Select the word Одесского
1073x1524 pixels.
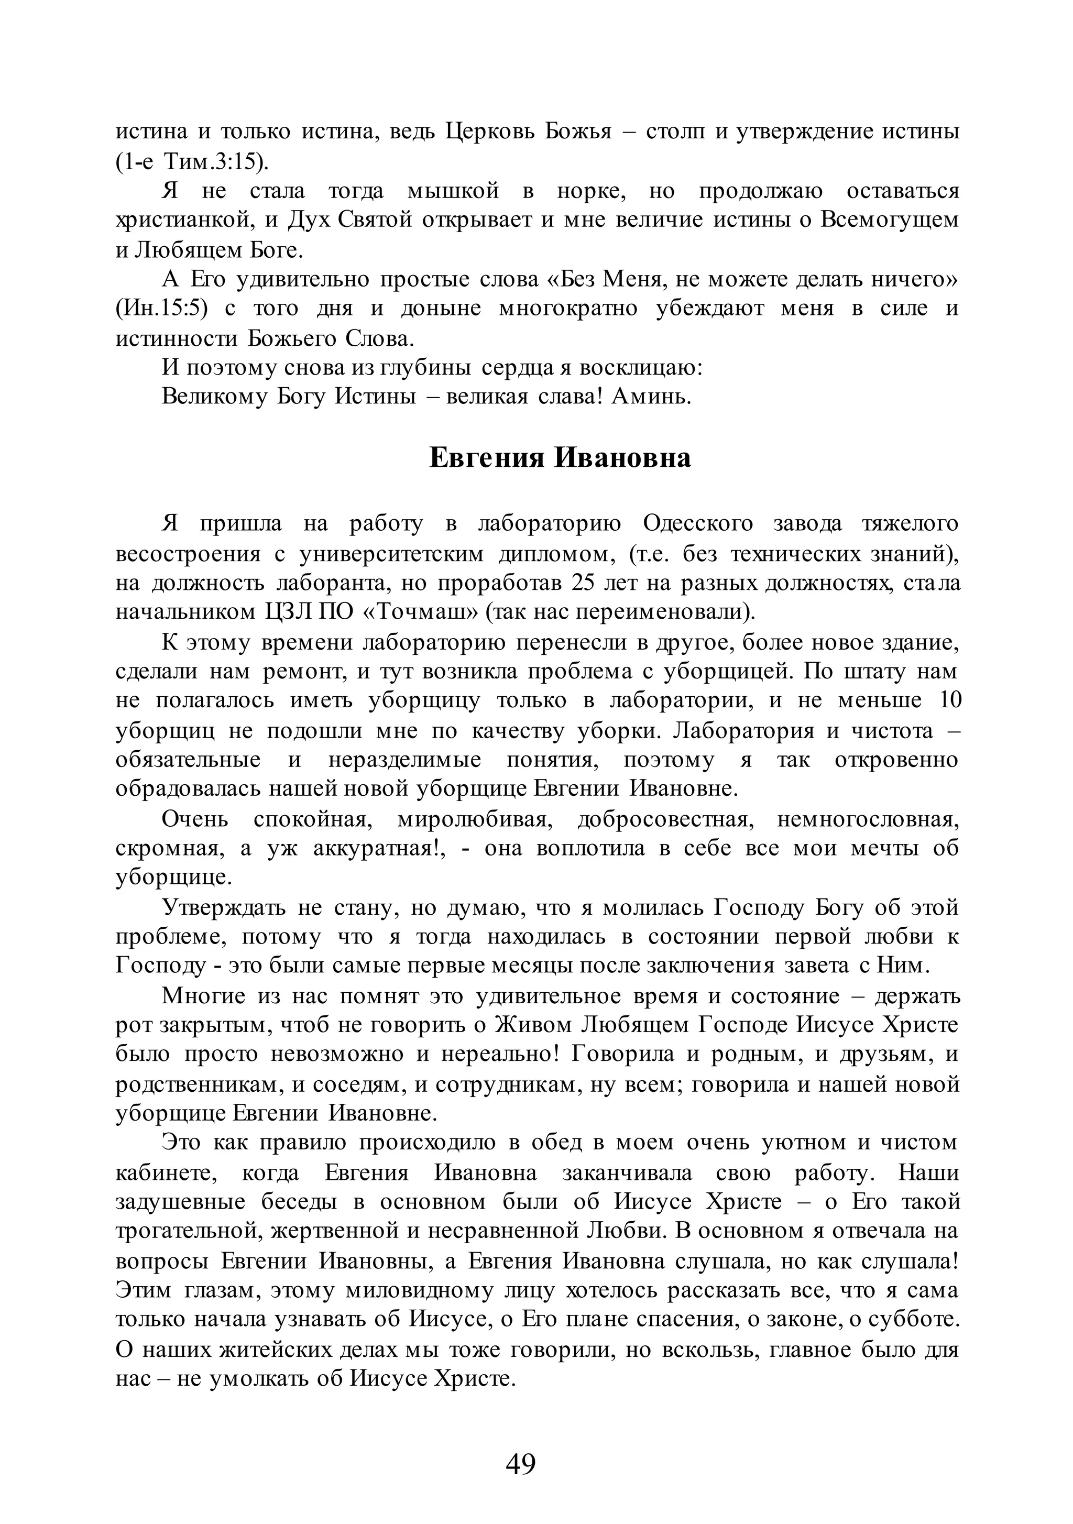coord(698,524)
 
